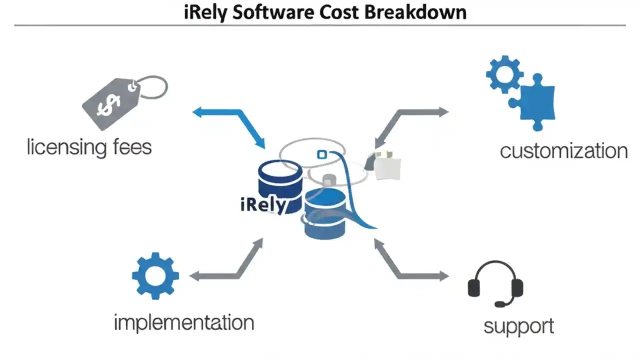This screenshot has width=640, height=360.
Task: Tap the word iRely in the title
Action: (x=205, y=12)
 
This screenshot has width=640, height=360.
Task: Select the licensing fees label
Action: (x=89, y=147)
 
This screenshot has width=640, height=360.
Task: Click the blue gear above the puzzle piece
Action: (x=504, y=74)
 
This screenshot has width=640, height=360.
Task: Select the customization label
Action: (x=563, y=150)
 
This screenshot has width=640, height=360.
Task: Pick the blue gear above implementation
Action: (x=155, y=276)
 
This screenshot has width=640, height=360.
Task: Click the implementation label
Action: (x=184, y=322)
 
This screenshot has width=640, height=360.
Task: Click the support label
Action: (x=518, y=326)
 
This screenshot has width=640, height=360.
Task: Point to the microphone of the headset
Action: (x=500, y=303)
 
